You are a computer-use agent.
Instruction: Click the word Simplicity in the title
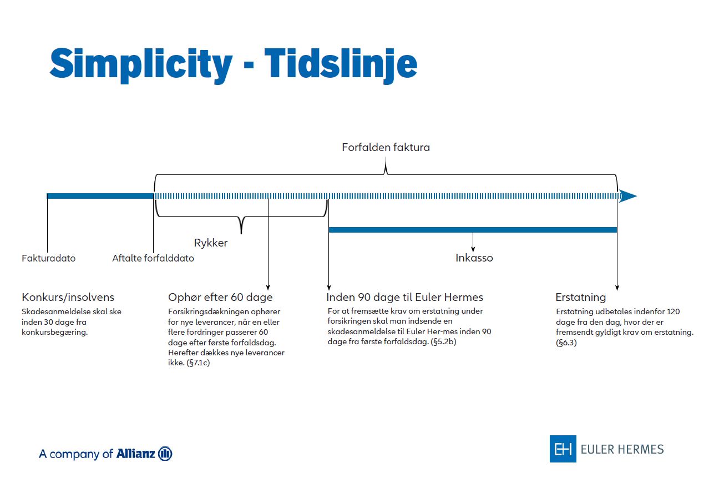(141, 65)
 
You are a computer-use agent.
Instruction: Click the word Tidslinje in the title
(341, 65)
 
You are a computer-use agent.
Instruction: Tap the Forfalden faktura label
(386, 147)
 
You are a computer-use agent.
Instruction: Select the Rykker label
(211, 243)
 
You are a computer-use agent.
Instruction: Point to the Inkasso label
(474, 258)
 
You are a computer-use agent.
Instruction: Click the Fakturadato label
(48, 258)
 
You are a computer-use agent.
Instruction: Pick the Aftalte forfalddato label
(153, 258)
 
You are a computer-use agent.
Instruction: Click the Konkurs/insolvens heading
(68, 297)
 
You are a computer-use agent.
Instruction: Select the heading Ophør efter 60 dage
(220, 297)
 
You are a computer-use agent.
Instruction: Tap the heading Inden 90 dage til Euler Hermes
(405, 297)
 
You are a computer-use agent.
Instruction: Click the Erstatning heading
(580, 297)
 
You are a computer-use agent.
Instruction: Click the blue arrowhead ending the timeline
(627, 196)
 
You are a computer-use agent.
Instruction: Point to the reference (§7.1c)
(198, 363)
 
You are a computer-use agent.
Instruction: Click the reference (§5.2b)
(443, 342)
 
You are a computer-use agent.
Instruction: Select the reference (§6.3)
(566, 343)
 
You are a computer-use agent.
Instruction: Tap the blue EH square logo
(563, 449)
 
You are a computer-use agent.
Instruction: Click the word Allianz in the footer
(135, 454)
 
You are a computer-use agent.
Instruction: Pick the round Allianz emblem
(165, 454)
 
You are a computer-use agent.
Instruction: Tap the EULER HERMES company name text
(622, 449)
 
